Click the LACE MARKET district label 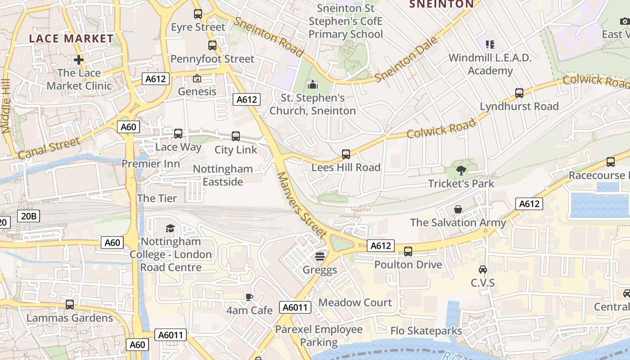point(71,39)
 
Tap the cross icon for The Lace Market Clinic point(79,59)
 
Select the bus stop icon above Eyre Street point(198,13)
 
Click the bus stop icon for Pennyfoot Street point(212,45)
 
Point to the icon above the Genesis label point(197,78)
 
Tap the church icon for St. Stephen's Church point(313,84)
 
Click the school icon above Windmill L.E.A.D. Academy point(490,44)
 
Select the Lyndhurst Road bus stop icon point(519,93)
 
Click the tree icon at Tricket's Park point(461,170)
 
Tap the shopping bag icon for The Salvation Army point(458,209)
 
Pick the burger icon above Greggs point(320,256)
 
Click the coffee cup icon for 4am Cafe point(249,297)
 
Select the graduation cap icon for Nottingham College point(170,228)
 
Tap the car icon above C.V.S point(483,270)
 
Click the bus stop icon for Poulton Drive point(408,252)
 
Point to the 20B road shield point(28,216)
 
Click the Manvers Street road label point(301,205)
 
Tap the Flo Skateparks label point(426,331)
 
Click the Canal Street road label point(49,148)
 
